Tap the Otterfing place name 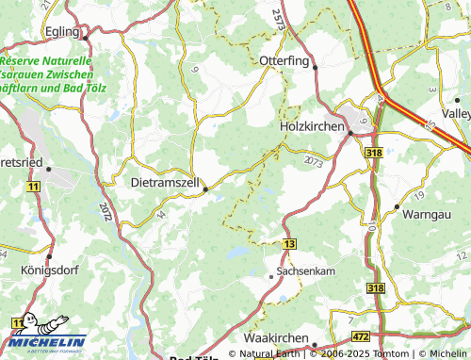285,60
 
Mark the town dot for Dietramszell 205,188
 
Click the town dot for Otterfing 316,68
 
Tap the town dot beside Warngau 398,205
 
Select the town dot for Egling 86,38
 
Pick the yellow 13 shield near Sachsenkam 289,243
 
